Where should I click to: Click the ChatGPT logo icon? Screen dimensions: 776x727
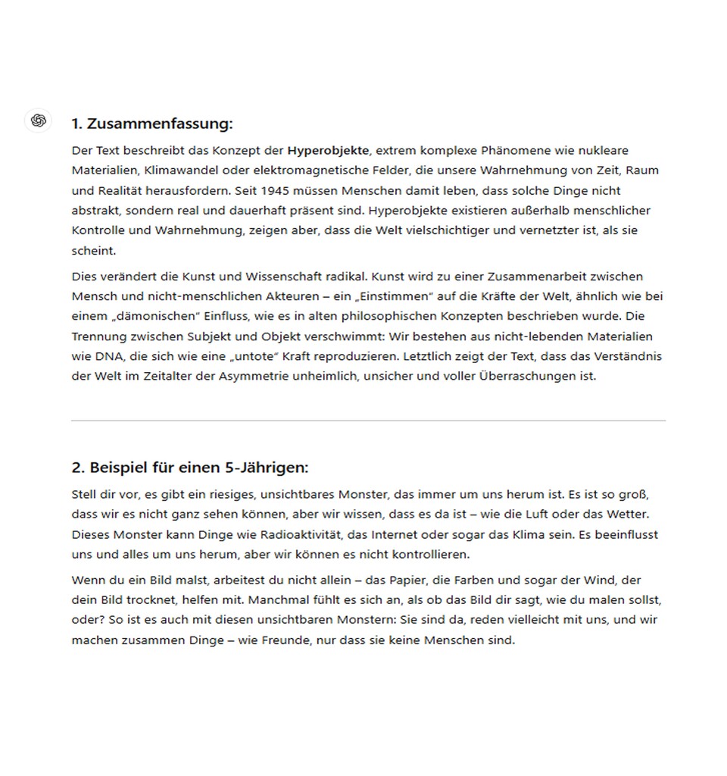(x=39, y=120)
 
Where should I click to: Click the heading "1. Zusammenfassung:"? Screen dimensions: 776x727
(x=152, y=124)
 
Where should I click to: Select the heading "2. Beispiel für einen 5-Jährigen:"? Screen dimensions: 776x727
(x=190, y=467)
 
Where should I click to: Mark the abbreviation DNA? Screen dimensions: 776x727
(x=107, y=355)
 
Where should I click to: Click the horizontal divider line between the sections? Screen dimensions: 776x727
(x=368, y=421)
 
